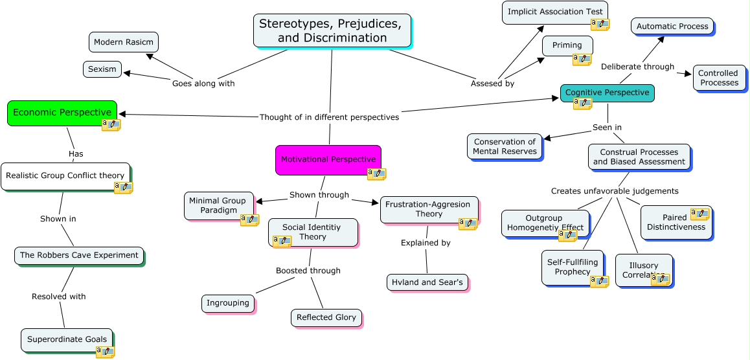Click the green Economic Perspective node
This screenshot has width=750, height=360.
(x=62, y=113)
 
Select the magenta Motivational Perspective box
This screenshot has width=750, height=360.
(x=328, y=159)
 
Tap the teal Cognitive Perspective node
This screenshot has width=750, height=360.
(x=607, y=93)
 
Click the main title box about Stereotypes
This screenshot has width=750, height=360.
(x=332, y=30)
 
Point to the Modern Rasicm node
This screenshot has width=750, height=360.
(x=123, y=42)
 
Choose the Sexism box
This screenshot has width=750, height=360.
(x=102, y=69)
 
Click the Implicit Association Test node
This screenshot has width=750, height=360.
(x=554, y=12)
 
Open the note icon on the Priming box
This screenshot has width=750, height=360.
(x=582, y=60)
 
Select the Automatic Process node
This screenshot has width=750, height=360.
(x=672, y=27)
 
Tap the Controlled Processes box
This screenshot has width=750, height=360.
(x=718, y=78)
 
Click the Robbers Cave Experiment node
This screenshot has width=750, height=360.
(x=79, y=255)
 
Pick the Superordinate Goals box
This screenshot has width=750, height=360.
(x=66, y=339)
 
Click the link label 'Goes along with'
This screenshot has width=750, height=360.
(x=203, y=84)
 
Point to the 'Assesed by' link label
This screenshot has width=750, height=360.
(x=492, y=84)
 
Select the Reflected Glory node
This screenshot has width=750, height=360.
(x=326, y=317)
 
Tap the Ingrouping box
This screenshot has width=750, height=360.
(x=227, y=303)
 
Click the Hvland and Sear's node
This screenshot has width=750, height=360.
(x=427, y=282)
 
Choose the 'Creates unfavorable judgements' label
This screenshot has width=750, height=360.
(x=615, y=191)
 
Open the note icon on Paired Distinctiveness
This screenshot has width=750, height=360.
(x=699, y=214)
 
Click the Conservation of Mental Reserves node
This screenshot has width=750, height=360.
(x=504, y=146)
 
